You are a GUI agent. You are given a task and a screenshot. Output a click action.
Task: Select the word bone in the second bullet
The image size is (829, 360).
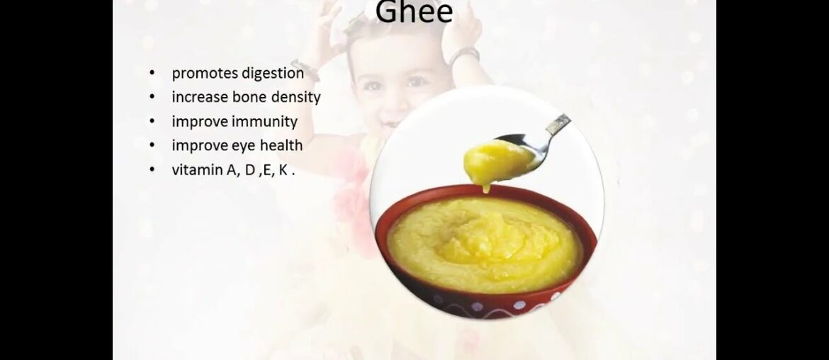pyautogui.click(x=243, y=97)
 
